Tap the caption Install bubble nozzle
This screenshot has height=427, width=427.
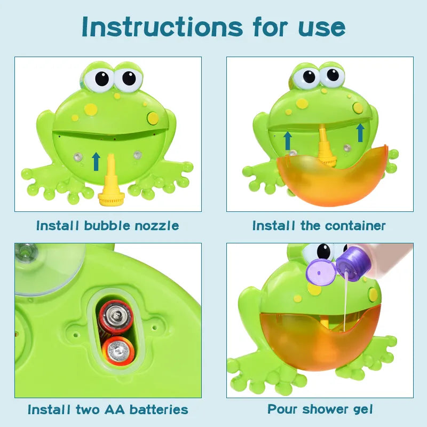coord(107,226)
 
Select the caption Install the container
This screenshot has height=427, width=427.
coord(319,226)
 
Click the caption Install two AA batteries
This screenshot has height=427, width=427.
coord(108,410)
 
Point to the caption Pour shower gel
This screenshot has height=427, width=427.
coord(320,410)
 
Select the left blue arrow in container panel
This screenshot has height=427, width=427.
coord(288,140)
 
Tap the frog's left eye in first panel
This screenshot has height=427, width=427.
coord(99,78)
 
